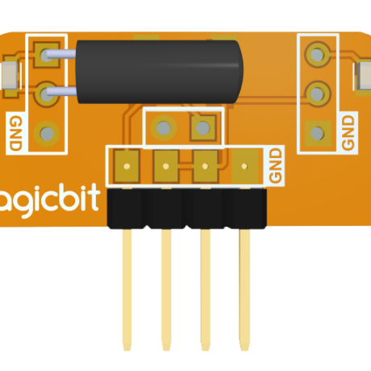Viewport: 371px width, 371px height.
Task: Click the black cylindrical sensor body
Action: tap(159, 72)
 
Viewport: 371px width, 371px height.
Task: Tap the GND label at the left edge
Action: tap(15, 133)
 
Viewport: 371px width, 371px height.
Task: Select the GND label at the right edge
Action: tap(348, 132)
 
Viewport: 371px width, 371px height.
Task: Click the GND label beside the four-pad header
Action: tap(276, 165)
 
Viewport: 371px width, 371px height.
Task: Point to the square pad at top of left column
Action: tap(47, 55)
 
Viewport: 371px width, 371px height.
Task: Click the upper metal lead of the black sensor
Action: tap(61, 54)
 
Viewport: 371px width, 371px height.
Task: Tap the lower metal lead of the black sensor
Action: tap(62, 92)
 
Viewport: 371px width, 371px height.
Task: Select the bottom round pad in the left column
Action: tap(47, 133)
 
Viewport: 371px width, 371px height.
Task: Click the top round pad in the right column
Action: tap(317, 55)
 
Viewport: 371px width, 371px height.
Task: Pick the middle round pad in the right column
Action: tap(317, 94)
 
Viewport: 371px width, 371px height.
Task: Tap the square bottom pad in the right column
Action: tap(318, 133)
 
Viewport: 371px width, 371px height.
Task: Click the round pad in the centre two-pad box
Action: tap(164, 127)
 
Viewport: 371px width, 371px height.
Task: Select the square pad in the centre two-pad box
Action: tap(203, 127)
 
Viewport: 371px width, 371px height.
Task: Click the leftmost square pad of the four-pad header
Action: tap(127, 166)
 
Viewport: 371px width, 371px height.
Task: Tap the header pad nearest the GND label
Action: tap(244, 166)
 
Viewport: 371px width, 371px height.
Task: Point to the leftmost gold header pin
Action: tap(127, 290)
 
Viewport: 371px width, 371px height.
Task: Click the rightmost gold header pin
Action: tap(244, 290)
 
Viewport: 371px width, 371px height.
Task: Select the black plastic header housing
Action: tap(187, 209)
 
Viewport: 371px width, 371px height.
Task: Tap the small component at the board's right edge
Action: tap(364, 77)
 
